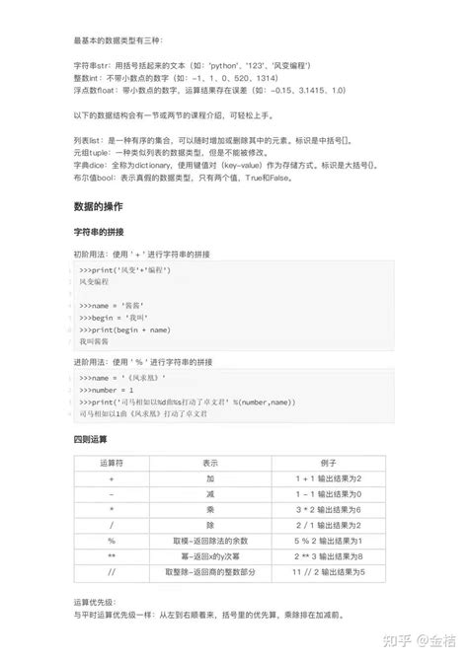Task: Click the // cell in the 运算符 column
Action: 112,572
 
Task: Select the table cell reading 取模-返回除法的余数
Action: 210,541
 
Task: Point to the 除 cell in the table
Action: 210,525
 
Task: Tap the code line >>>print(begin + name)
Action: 128,330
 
